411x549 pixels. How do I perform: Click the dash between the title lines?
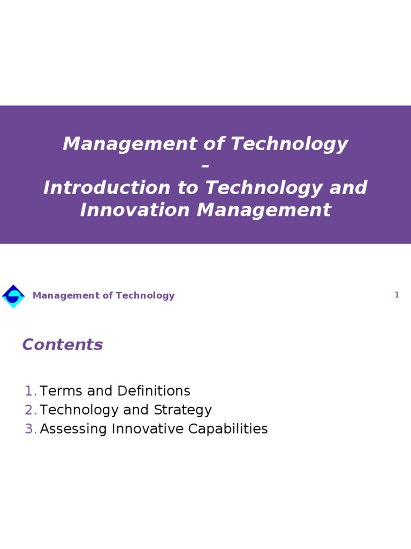coord(205,166)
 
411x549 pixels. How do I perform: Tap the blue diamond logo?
coord(13,296)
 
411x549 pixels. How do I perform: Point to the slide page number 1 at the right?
coord(397,295)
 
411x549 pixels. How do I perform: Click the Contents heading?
coord(63,345)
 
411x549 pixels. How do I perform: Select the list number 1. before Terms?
coord(31,391)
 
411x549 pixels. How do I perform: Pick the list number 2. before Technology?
coord(31,410)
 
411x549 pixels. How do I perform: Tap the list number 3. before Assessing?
coord(31,429)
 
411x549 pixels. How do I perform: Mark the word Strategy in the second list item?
coord(182,410)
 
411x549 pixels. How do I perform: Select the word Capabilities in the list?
coord(230,429)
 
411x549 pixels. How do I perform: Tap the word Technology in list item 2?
coord(79,410)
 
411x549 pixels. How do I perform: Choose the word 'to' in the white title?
coord(189,188)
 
